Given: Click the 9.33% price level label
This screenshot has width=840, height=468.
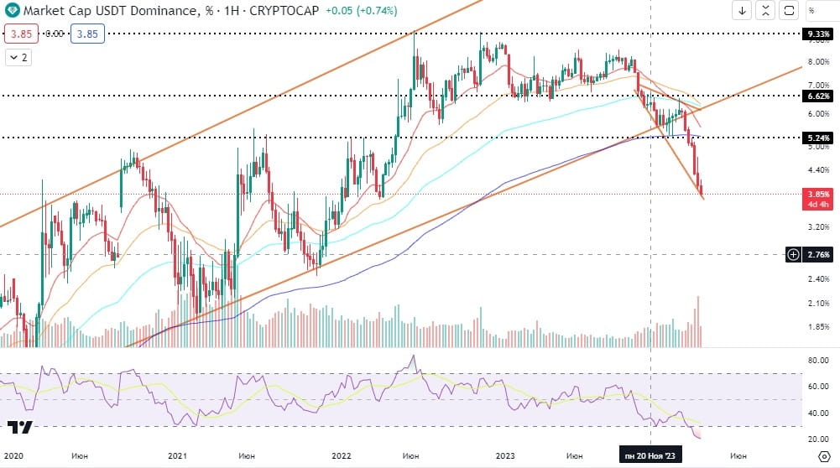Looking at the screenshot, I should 817,34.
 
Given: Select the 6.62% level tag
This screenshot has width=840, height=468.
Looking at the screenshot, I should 817,96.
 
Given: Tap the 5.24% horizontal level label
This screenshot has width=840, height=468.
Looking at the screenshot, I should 817,138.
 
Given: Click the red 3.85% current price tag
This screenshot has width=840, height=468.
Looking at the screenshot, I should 817,194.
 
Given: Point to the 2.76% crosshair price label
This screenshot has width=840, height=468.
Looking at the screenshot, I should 818,254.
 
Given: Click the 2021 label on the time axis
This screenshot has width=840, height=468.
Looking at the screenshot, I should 176,455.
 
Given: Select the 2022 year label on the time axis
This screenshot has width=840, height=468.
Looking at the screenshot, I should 341,455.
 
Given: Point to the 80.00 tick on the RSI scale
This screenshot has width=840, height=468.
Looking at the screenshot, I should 817,361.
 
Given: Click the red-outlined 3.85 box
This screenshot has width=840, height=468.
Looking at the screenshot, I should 20,34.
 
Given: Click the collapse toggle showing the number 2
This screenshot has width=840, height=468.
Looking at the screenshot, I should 18,57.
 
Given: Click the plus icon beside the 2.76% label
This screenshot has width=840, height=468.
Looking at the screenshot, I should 794,254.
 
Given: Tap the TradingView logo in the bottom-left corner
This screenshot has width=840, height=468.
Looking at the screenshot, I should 21,427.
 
